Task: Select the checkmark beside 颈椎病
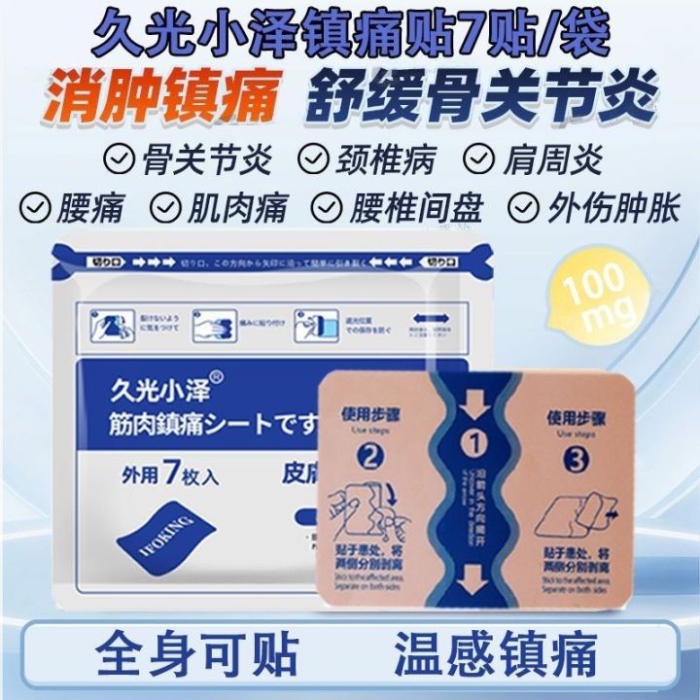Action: click(311, 157)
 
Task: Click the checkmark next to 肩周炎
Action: click(479, 157)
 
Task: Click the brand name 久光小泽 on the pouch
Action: click(152, 385)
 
